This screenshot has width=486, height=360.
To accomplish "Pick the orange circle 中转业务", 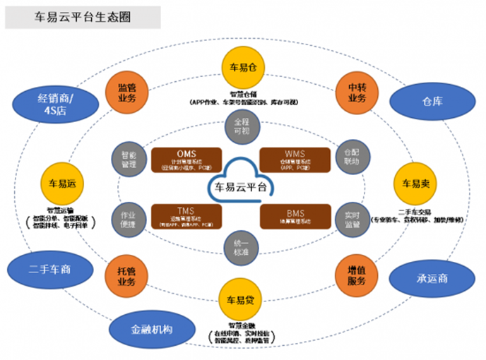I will [356, 90].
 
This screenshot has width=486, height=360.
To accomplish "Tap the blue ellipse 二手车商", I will [52, 269].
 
